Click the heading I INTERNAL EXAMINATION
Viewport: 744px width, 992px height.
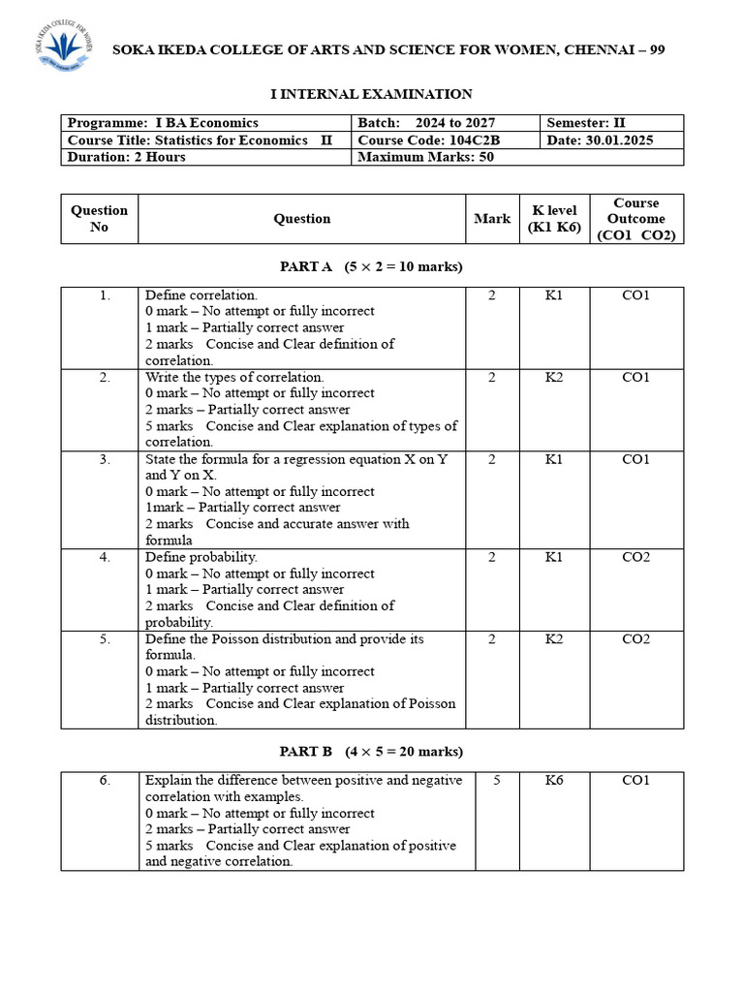pyautogui.click(x=370, y=94)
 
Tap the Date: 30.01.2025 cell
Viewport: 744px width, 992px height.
pyautogui.click(x=600, y=139)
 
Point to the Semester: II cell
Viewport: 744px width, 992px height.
pyautogui.click(x=586, y=123)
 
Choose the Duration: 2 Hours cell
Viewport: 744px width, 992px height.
pyautogui.click(x=127, y=157)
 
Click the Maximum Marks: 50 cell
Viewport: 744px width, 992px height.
pyautogui.click(x=426, y=157)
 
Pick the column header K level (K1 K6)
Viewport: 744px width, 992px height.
pyautogui.click(x=553, y=219)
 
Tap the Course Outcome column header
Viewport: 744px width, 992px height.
pyautogui.click(x=635, y=219)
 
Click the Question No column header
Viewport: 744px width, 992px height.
pyautogui.click(x=99, y=219)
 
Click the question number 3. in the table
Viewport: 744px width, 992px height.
pyautogui.click(x=105, y=459)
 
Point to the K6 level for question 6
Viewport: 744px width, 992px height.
pyautogui.click(x=553, y=780)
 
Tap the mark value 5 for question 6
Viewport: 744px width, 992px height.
pyautogui.click(x=496, y=780)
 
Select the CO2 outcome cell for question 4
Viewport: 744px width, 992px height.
pyautogui.click(x=635, y=557)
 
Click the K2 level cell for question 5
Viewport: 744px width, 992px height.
pyautogui.click(x=553, y=639)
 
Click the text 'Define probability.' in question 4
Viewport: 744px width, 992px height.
pyautogui.click(x=201, y=557)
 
